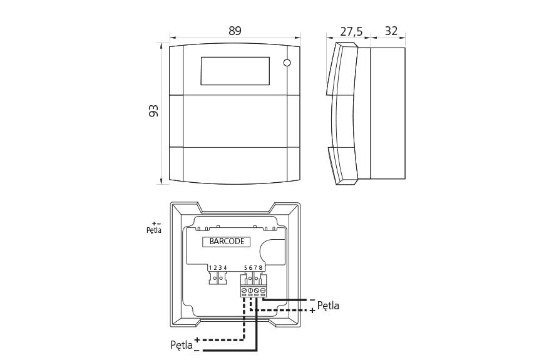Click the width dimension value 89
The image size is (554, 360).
(235, 31)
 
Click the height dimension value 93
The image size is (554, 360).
(154, 111)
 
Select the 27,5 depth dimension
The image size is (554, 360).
(351, 31)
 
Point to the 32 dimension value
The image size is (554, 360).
(391, 31)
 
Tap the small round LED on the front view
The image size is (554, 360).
(287, 63)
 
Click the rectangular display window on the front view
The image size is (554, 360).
(235, 71)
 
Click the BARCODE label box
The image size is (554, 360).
(227, 242)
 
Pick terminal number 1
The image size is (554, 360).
(210, 268)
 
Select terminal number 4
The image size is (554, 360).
(225, 268)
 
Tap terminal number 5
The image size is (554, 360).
(245, 268)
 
